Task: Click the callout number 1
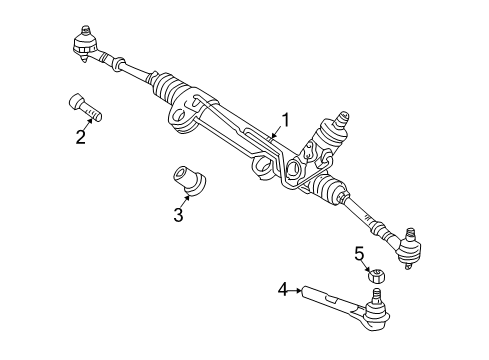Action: [285, 121]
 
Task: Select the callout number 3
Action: [178, 213]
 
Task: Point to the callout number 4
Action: [283, 290]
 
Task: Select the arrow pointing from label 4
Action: [297, 290]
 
